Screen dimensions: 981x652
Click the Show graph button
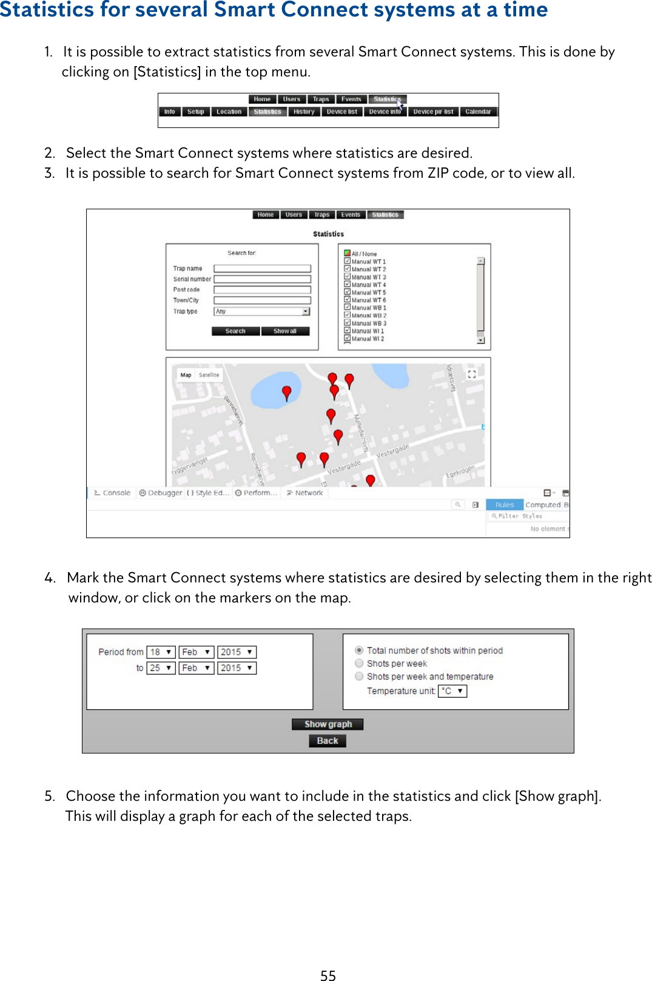327,724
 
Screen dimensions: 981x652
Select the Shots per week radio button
359,663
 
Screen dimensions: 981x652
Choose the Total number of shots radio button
359,650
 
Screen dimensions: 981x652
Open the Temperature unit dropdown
452,690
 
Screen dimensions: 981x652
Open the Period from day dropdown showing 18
161,652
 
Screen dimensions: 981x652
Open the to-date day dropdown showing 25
161,667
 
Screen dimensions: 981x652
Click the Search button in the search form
235,331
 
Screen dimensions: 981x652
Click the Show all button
285,331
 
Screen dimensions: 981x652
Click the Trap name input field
262,268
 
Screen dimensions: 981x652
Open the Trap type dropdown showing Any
262,311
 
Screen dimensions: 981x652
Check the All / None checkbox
348,254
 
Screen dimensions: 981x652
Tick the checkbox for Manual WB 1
348,308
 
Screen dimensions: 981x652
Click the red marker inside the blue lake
287,393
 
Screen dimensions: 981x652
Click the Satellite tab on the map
209,375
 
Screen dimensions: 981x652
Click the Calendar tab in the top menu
478,112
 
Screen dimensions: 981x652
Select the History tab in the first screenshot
303,112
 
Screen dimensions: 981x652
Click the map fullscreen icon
471,374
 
